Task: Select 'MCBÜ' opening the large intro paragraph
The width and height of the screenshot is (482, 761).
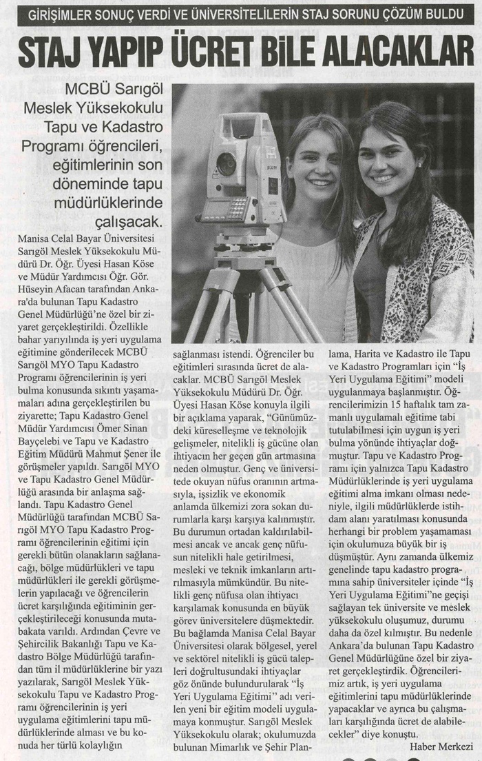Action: click(x=85, y=90)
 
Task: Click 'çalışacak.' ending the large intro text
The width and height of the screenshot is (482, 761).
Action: click(x=134, y=222)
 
